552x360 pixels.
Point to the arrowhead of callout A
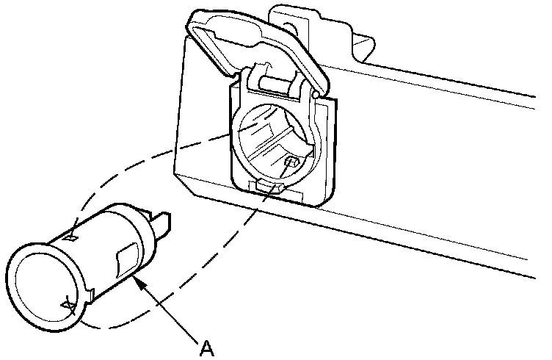click(137, 280)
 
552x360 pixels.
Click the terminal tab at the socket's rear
click(164, 220)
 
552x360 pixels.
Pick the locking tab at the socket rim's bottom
click(68, 305)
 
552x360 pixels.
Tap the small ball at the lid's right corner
click(316, 95)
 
